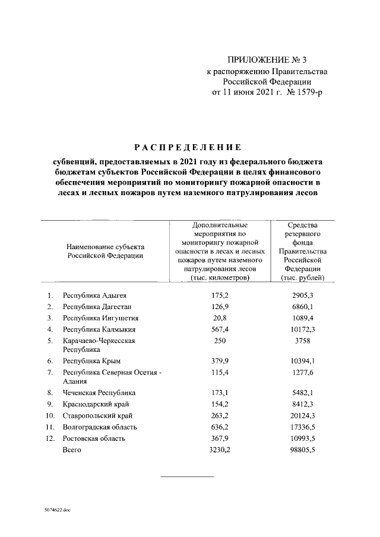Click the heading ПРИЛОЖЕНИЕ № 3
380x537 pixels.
point(266,60)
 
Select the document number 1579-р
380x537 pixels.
point(307,93)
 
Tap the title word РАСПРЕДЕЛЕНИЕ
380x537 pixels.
point(186,147)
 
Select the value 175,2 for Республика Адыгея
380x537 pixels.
point(220,295)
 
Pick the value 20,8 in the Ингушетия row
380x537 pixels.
point(220,317)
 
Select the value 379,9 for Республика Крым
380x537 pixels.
point(220,361)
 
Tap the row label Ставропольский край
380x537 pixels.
point(97,415)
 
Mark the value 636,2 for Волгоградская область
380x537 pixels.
point(220,427)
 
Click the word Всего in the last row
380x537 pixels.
point(72,449)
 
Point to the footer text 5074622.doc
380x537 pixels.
point(56,510)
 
